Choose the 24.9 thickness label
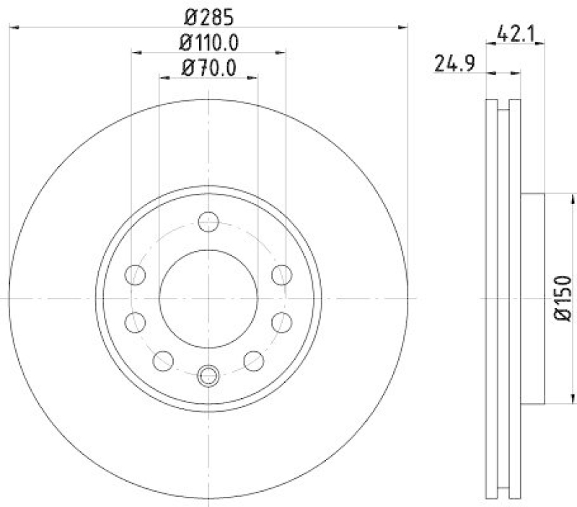tap(454, 65)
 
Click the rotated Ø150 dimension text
tap(563, 297)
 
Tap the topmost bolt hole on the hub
tap(208, 222)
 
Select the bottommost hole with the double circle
tap(208, 375)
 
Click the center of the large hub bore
tap(208, 299)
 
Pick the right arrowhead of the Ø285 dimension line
tap(403, 27)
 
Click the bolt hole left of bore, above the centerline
tap(135, 274)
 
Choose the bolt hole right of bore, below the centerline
tap(282, 322)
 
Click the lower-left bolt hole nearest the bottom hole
tap(164, 360)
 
